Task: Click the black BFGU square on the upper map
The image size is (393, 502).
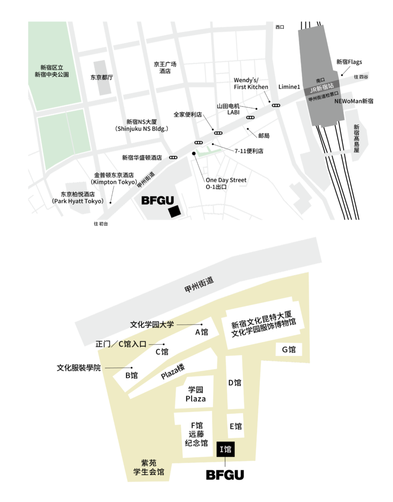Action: point(173,211)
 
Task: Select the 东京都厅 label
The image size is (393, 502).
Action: point(102,77)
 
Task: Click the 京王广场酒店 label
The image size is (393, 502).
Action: point(165,68)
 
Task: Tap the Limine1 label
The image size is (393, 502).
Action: point(289,87)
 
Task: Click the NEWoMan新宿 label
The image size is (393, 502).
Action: point(353,101)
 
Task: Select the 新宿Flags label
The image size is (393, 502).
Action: point(349,62)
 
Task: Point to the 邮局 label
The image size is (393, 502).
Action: point(264,135)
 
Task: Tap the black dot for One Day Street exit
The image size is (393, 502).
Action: point(194,154)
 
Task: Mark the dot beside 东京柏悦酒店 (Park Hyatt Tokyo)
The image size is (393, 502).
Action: point(111,202)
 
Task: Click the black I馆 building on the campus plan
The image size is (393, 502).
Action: point(225,449)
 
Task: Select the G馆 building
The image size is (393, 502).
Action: point(288,350)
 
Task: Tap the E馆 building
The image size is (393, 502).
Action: point(235,427)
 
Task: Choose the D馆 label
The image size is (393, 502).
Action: point(235,383)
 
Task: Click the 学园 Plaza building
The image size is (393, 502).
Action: point(196,394)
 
